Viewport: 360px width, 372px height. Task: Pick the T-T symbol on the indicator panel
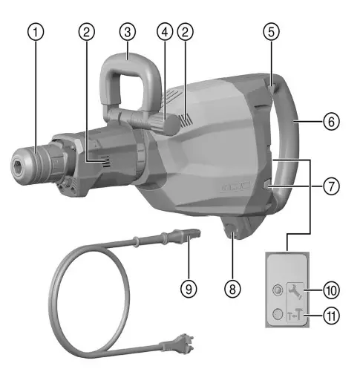295,315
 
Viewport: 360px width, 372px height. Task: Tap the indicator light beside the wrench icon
277,290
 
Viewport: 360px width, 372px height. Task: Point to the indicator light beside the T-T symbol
277,315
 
